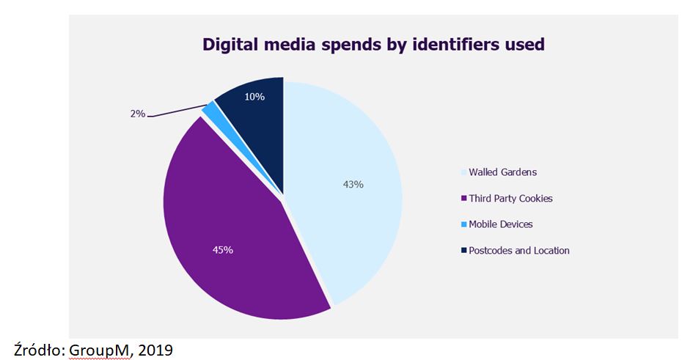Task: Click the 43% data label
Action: (x=353, y=184)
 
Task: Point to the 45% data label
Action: (x=222, y=250)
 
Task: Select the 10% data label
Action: (x=254, y=97)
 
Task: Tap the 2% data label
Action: (x=136, y=114)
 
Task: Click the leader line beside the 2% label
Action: (x=176, y=111)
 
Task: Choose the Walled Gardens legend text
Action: (x=503, y=172)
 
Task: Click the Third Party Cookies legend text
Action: (x=510, y=199)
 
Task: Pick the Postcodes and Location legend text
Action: (x=519, y=250)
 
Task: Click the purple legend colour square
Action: (x=463, y=199)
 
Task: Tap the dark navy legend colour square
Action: (x=463, y=251)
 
